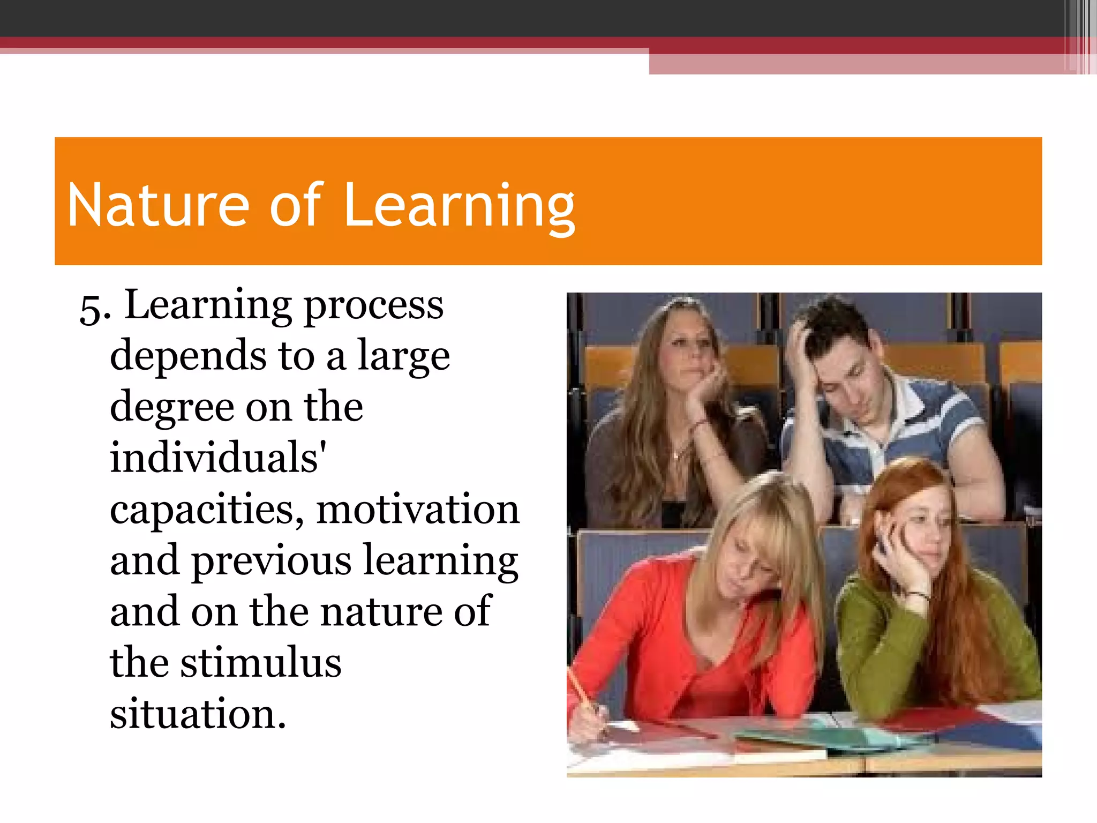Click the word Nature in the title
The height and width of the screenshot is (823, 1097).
[159, 205]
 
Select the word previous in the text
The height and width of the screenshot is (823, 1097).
[272, 561]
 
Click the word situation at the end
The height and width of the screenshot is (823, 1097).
[198, 714]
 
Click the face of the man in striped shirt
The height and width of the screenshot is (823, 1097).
[846, 375]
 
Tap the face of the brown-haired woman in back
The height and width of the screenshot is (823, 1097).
[688, 348]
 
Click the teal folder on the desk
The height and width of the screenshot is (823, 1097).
[836, 739]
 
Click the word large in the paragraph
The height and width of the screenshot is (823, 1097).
[403, 357]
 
